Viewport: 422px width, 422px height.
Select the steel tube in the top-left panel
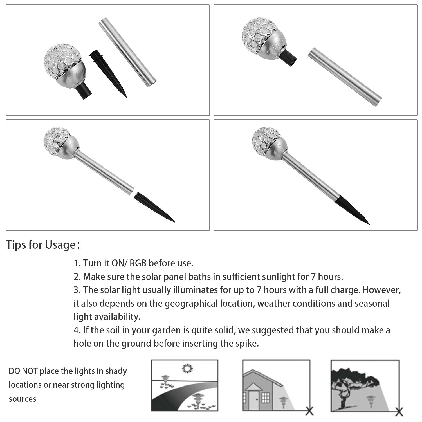pos(127,52)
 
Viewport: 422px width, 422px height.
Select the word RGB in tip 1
pos(138,263)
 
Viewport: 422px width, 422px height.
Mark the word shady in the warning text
pos(116,371)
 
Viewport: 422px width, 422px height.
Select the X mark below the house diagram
pos(309,411)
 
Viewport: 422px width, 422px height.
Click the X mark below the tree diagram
pos(399,412)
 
